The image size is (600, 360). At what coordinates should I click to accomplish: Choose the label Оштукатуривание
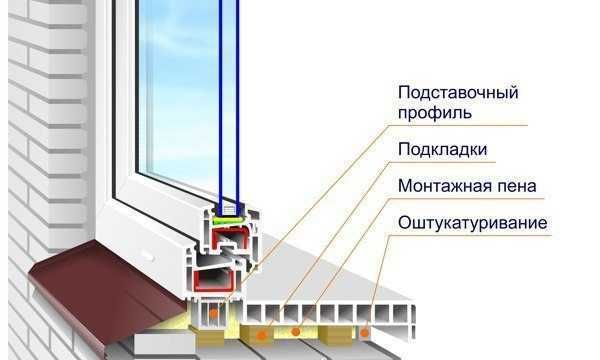pyautogui.click(x=472, y=222)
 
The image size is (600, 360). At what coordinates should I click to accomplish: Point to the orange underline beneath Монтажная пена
pyautogui.click(x=470, y=200)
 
